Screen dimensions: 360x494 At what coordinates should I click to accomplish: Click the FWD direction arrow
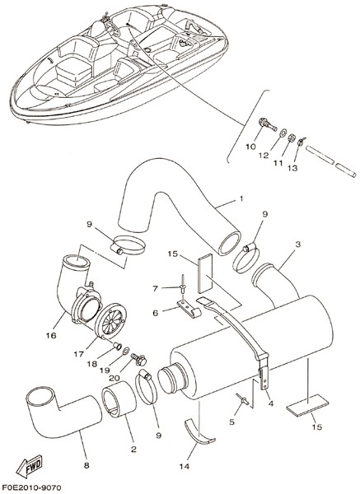(29, 466)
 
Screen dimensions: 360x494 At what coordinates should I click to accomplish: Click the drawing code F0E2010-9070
(31, 488)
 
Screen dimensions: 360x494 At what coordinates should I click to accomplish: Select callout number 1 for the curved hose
(241, 198)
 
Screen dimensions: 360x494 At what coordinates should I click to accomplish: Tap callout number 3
(298, 245)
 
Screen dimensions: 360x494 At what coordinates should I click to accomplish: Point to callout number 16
(51, 335)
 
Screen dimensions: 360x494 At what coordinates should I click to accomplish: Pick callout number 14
(185, 466)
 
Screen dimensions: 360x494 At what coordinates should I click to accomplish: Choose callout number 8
(86, 465)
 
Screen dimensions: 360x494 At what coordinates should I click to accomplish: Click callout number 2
(133, 450)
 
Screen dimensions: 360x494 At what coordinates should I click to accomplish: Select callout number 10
(251, 147)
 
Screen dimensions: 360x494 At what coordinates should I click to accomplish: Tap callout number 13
(292, 168)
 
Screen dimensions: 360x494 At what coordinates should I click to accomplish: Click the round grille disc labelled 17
(110, 320)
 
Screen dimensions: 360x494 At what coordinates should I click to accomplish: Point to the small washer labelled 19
(126, 350)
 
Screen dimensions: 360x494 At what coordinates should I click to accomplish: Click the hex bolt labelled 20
(139, 359)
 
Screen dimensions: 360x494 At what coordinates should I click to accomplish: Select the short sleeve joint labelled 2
(119, 399)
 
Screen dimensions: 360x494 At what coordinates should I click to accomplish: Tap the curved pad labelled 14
(199, 432)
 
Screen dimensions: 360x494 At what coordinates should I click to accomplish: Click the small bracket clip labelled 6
(189, 309)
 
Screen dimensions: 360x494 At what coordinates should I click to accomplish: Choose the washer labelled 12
(283, 132)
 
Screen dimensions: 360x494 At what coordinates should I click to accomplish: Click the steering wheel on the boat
(113, 28)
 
